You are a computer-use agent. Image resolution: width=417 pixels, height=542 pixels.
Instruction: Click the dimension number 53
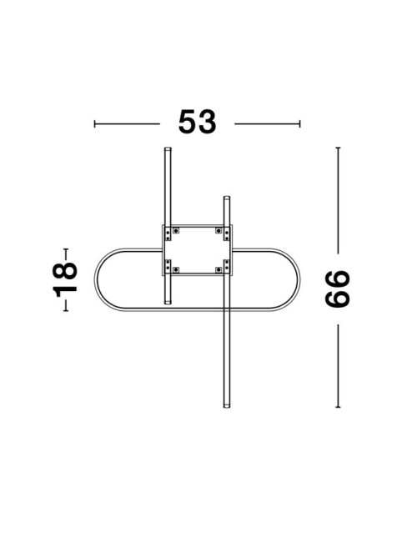pyautogui.click(x=197, y=122)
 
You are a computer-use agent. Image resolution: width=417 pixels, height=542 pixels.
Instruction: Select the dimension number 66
pyautogui.click(x=338, y=289)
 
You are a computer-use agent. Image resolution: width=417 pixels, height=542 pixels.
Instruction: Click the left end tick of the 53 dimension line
pyautogui.click(x=94, y=123)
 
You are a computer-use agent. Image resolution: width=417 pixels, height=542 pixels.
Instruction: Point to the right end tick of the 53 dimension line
pyautogui.click(x=299, y=123)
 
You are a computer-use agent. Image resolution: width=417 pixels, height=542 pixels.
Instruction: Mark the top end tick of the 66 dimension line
pyautogui.click(x=338, y=148)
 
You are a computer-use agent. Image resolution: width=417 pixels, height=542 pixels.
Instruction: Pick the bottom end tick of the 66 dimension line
pyautogui.click(x=338, y=407)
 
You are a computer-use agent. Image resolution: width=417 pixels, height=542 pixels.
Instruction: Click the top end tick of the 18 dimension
pyautogui.click(x=66, y=248)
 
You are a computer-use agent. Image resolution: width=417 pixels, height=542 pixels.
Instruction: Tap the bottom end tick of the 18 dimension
pyautogui.click(x=66, y=311)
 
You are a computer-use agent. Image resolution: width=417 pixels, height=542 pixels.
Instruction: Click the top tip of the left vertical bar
pyautogui.click(x=168, y=148)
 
